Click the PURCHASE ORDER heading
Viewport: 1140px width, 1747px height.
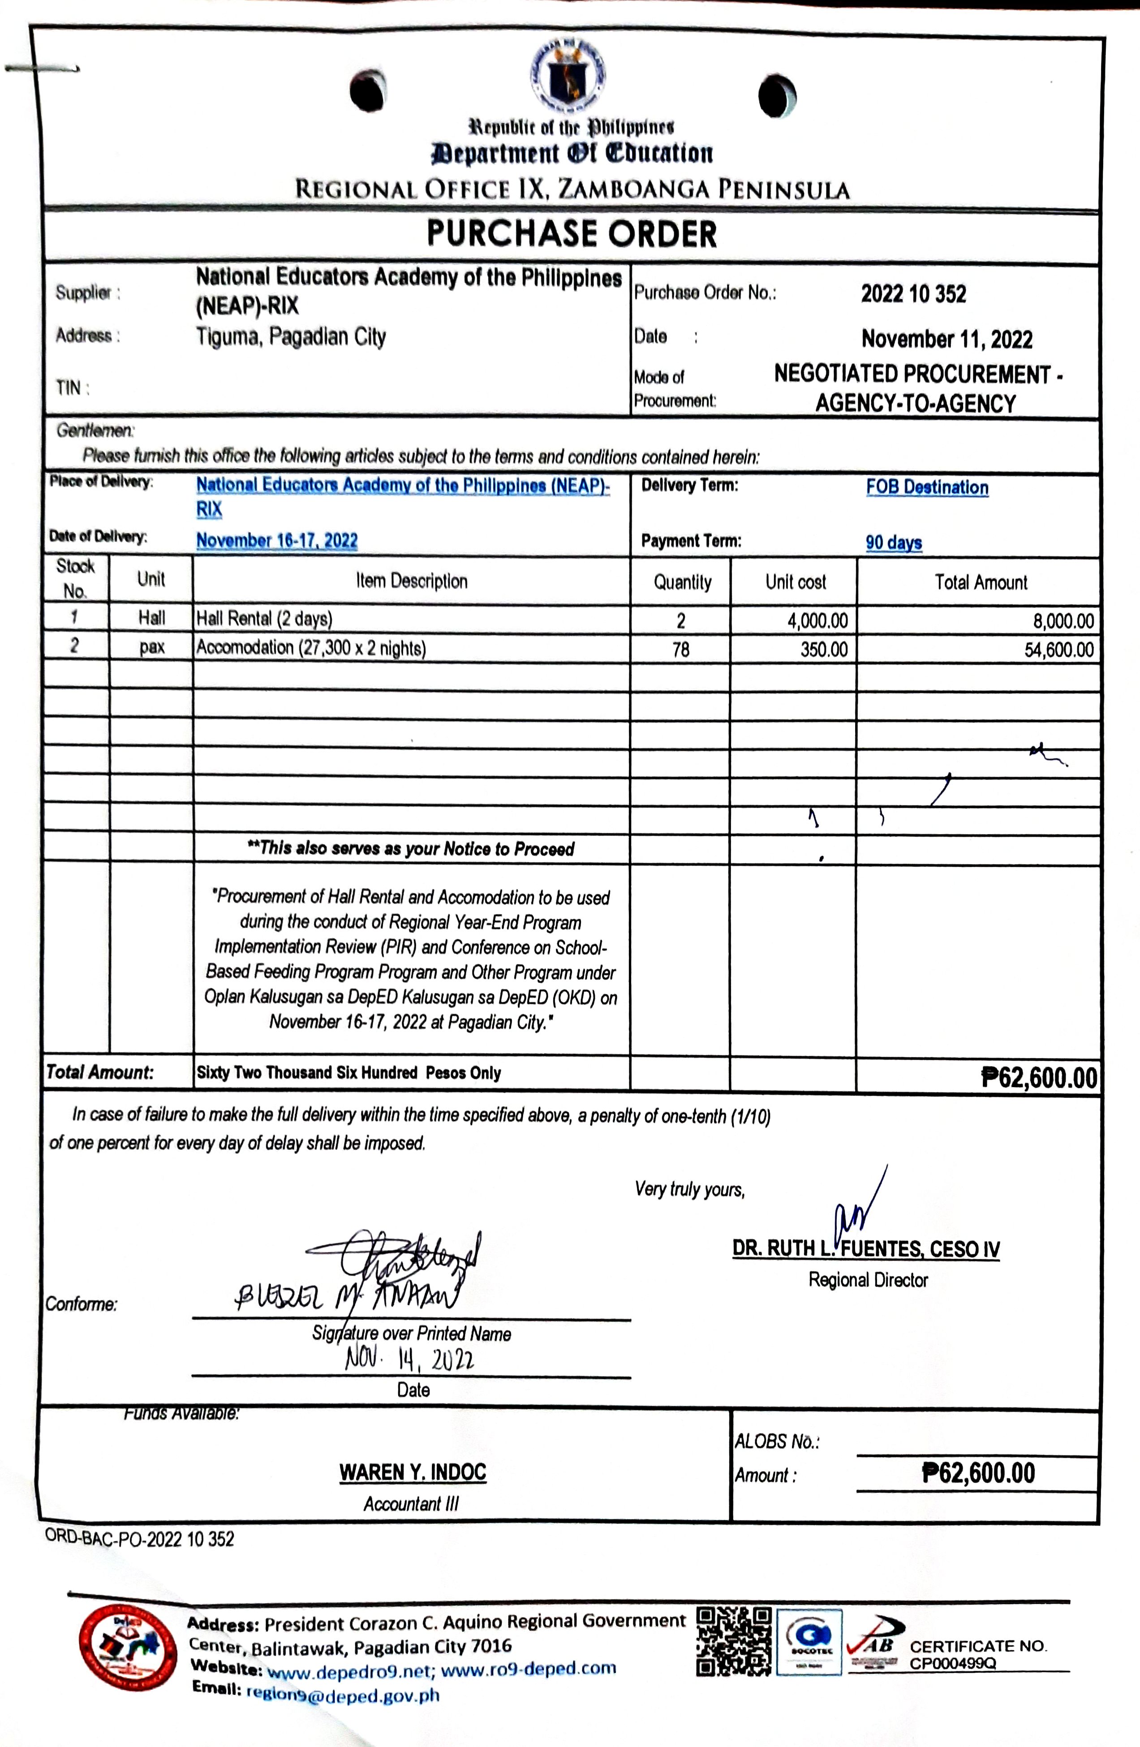571,234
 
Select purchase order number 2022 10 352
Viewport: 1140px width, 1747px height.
913,294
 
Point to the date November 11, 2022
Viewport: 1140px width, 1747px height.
946,339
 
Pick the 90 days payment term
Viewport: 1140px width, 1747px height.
893,542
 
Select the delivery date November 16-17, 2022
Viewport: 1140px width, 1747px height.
277,541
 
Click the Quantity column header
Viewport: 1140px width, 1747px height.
682,582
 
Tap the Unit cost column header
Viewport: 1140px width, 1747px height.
795,582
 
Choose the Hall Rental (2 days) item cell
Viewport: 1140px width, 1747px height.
264,619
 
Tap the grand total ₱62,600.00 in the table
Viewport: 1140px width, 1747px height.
1039,1078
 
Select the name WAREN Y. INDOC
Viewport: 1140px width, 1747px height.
413,1472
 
